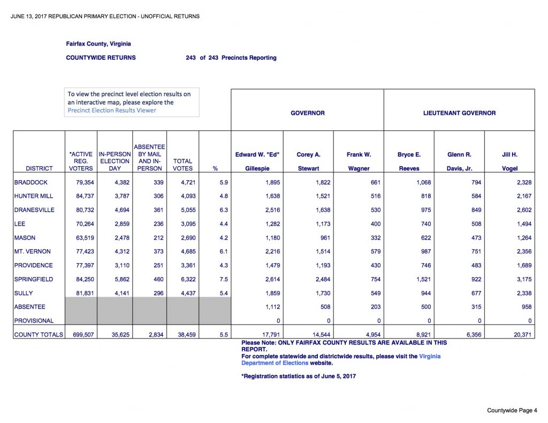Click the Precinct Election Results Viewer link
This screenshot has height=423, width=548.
(x=112, y=111)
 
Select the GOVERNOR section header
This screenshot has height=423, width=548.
(x=307, y=113)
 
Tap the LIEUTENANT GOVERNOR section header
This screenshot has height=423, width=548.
(x=459, y=113)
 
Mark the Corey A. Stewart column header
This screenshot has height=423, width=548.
(x=308, y=161)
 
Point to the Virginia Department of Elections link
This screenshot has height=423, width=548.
(x=341, y=359)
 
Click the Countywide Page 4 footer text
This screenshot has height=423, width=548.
(x=512, y=411)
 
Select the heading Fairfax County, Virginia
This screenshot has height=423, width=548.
(x=98, y=44)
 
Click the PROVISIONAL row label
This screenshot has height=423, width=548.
(x=34, y=321)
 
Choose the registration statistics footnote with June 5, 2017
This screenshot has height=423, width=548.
(x=299, y=376)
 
